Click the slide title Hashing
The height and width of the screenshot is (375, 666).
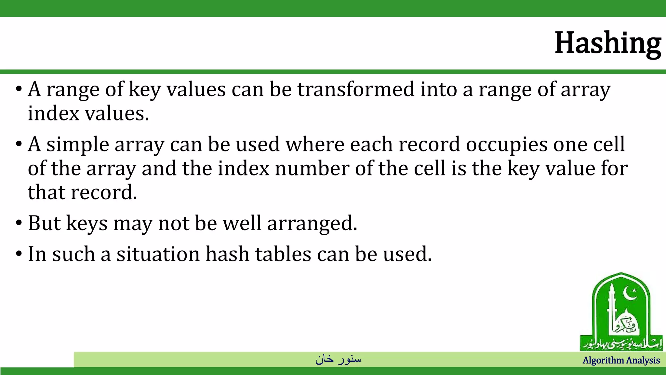point(607,43)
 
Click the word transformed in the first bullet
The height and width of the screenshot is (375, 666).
point(356,89)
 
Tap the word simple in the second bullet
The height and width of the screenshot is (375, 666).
point(77,145)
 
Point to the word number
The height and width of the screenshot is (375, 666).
point(312,169)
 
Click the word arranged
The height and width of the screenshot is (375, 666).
point(312,223)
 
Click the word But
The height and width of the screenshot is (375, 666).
point(44,223)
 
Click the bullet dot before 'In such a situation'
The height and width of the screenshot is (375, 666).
point(19,254)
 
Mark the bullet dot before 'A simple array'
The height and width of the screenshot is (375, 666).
point(19,144)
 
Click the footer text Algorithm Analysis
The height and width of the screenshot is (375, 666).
point(621,360)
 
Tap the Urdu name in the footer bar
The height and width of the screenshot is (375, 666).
point(338,359)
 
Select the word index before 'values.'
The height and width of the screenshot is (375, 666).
point(53,114)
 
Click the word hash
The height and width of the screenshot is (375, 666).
point(227,254)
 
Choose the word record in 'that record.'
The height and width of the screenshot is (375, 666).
point(104,192)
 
